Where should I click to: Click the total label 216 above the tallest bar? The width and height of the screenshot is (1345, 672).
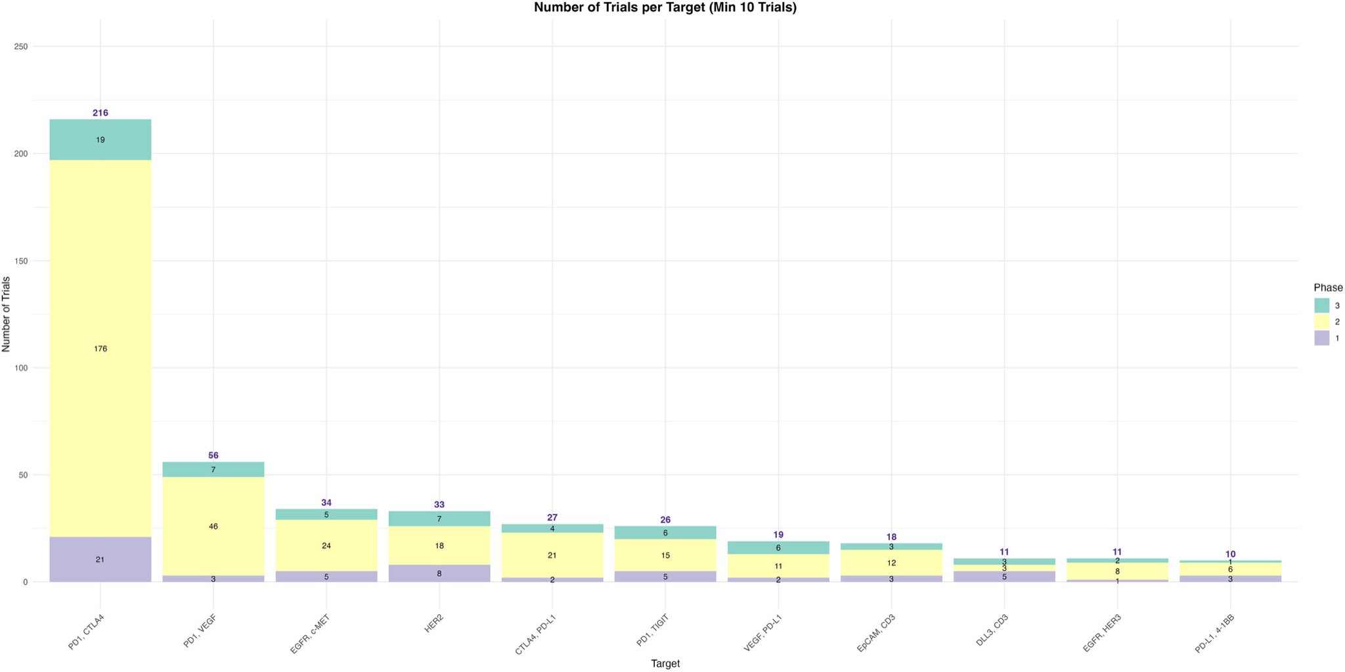100,113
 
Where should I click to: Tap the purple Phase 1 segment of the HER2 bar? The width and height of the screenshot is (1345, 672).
439,573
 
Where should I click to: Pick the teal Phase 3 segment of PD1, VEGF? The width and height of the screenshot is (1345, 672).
213,469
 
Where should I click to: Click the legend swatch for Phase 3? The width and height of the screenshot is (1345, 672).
1321,305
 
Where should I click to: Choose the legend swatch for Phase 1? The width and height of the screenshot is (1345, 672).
1321,338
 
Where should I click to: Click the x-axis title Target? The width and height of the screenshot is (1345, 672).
665,663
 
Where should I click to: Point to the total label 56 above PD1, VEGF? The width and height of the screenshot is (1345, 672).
213,455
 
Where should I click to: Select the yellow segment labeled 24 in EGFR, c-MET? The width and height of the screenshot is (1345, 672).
326,545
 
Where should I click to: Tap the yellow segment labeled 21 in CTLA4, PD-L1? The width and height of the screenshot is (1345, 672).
552,555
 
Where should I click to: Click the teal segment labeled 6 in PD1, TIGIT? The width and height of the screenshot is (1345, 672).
665,532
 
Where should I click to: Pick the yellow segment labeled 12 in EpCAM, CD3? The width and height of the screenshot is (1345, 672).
891,562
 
